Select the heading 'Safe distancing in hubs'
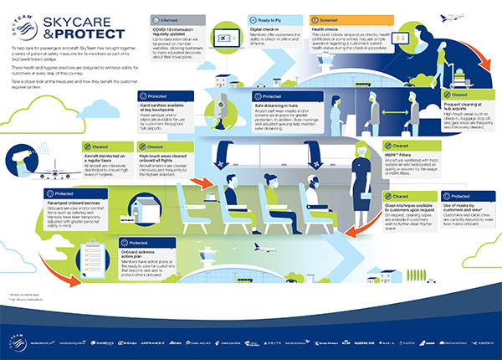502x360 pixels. point(273,107)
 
